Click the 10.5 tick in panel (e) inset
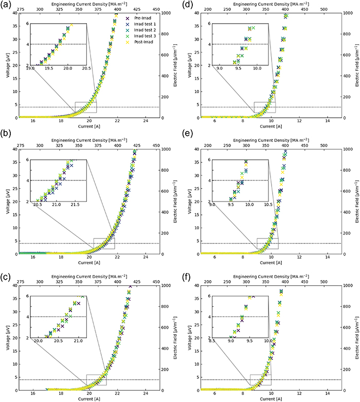coord(268,204)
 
